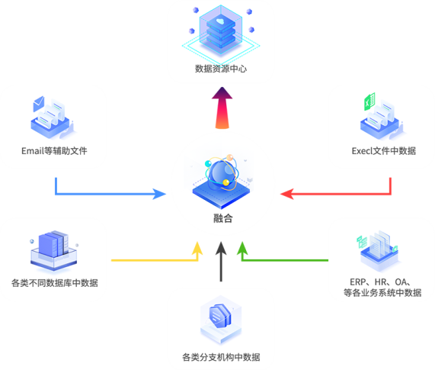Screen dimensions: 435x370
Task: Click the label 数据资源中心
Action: click(221, 69)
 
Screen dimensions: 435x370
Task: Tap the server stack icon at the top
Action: click(221, 30)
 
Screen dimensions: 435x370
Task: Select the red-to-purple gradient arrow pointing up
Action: click(222, 108)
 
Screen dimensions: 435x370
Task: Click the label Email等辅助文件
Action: click(54, 151)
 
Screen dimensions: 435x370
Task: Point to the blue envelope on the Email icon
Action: click(39, 103)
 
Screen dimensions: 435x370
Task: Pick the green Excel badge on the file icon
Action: click(369, 101)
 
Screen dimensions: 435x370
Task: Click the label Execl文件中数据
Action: click(384, 151)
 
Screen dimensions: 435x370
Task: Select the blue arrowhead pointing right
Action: click(159, 194)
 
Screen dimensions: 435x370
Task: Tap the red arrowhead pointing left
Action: click(287, 194)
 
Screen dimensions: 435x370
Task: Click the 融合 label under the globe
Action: click(222, 218)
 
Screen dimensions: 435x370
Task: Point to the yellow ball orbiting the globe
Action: click(226, 182)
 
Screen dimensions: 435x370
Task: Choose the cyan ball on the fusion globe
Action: click(208, 163)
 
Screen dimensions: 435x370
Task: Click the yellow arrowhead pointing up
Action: click(197, 248)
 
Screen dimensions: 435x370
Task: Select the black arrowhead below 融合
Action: click(221, 248)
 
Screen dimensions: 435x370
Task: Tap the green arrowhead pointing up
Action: click(242, 248)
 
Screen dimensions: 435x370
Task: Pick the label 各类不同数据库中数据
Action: click(55, 283)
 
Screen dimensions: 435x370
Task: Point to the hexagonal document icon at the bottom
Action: click(221, 320)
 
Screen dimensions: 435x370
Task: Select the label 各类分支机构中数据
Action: click(221, 357)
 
